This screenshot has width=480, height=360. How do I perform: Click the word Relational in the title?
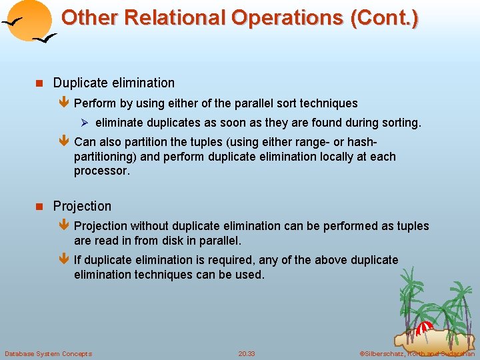pos(181,18)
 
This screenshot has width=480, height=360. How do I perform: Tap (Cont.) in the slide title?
pos(384,18)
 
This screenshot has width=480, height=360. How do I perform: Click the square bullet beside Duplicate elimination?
pos(39,83)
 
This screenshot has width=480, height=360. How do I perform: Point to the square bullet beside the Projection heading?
pos(39,207)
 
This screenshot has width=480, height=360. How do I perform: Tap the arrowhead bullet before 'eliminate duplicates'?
pos(85,123)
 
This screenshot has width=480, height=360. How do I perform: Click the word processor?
pos(101,171)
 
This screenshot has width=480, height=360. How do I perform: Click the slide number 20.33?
pos(247,353)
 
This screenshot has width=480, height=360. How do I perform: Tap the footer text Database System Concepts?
pos(48,353)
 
